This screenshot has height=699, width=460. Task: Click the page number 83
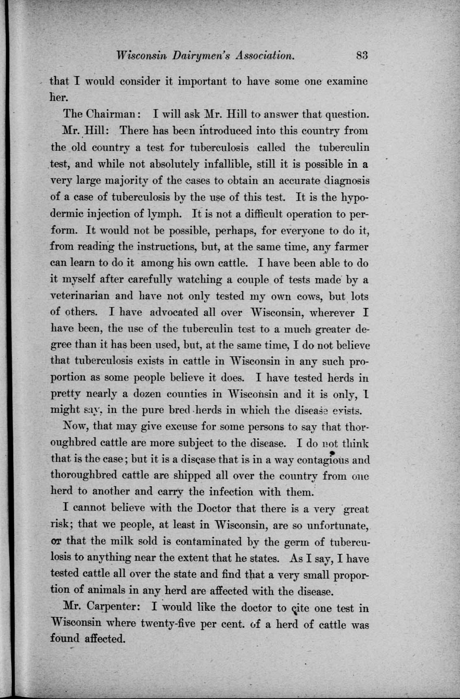coord(361,55)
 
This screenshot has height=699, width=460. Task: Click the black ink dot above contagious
coord(332,452)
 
